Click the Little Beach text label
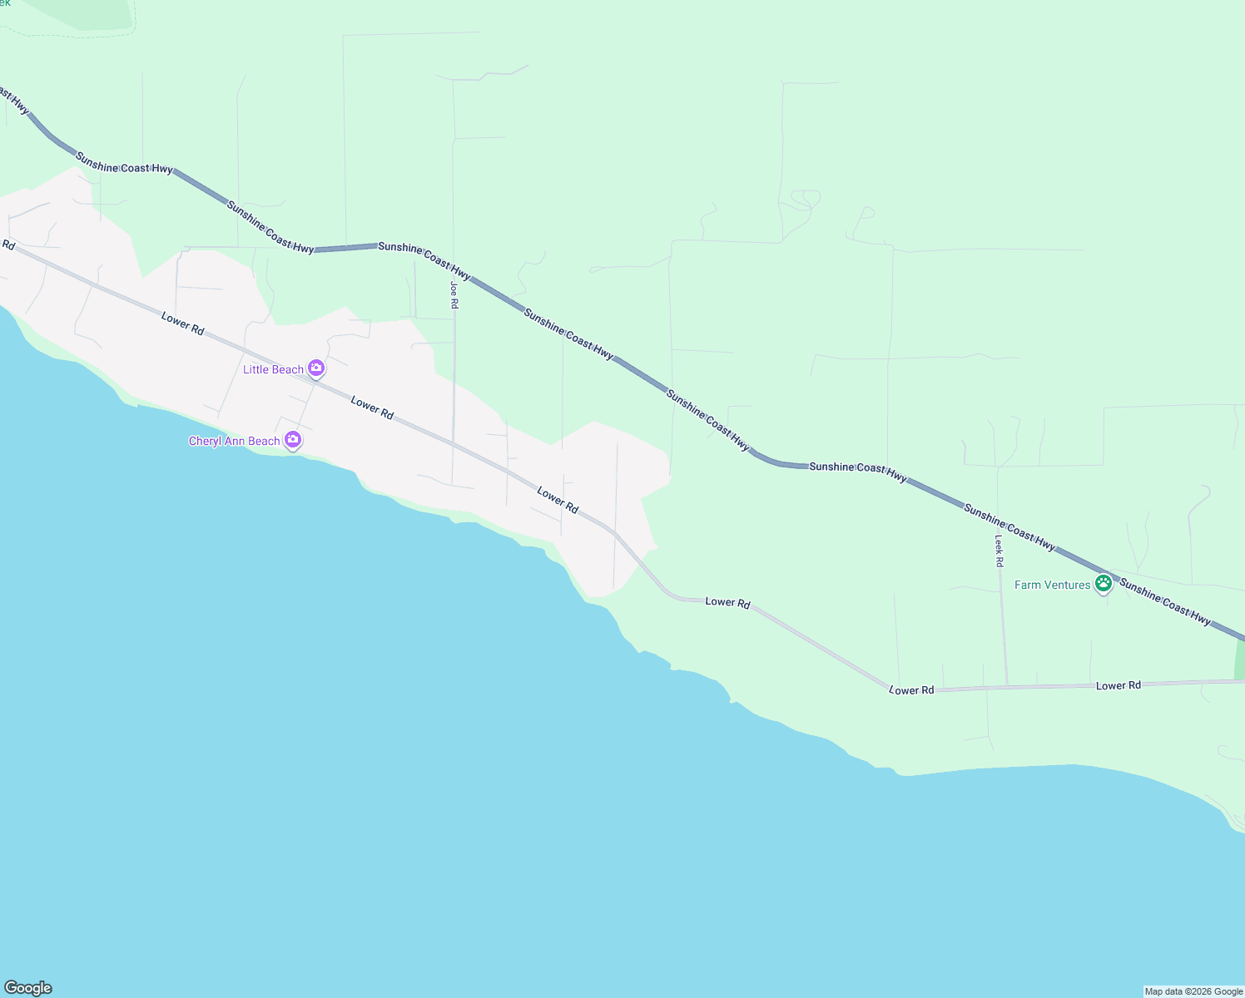(273, 369)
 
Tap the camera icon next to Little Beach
(316, 368)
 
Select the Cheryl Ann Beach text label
(234, 441)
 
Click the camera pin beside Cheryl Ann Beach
(293, 439)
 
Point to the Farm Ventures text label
(1052, 585)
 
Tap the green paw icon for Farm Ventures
(1104, 583)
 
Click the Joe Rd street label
(454, 295)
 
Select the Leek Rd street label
(999, 551)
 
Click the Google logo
(28, 988)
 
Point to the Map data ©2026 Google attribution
(1193, 991)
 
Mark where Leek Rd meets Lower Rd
(1007, 686)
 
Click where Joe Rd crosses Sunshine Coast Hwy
(454, 269)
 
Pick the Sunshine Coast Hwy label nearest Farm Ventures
(1164, 600)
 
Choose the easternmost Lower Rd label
(1118, 685)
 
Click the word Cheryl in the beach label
(205, 441)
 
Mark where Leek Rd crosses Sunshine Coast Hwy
(997, 516)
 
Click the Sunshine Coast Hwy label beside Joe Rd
(424, 259)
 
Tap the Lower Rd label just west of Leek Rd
(911, 690)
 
